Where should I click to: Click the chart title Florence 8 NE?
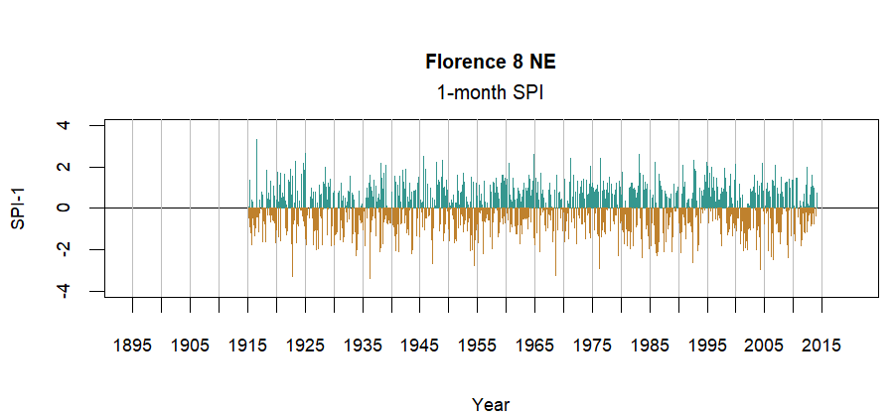click(491, 63)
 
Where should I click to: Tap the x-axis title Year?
click(491, 404)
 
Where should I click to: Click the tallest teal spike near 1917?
click(256, 142)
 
